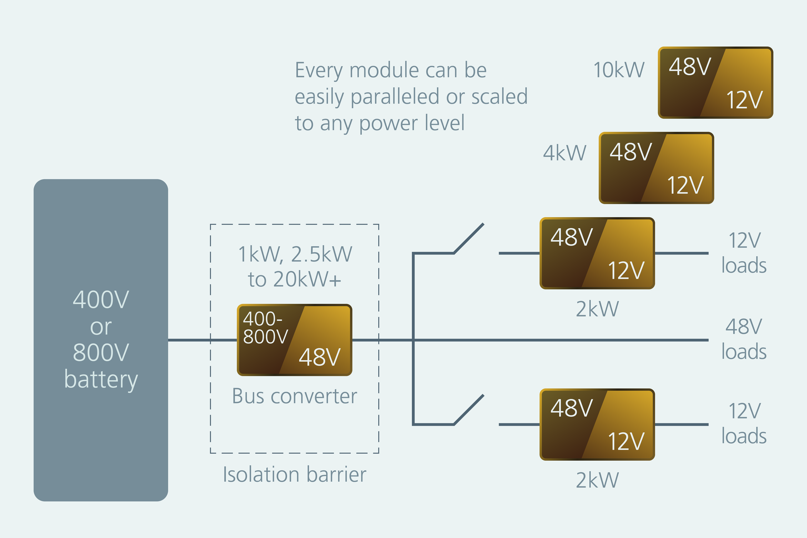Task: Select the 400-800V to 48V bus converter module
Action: [x=295, y=340]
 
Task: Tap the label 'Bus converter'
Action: [x=295, y=396]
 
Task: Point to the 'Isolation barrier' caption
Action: [x=295, y=474]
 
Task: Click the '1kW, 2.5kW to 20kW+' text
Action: [x=295, y=267]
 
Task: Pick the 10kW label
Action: [x=619, y=70]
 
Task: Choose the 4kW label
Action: [x=564, y=153]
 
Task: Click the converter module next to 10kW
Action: [x=715, y=83]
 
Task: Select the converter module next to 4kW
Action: [x=656, y=168]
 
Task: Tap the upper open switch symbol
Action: [x=468, y=239]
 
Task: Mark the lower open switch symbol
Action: [x=468, y=410]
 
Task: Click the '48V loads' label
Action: [x=743, y=339]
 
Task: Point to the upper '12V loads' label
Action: [x=743, y=253]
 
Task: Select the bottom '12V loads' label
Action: [x=743, y=423]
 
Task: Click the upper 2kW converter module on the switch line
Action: [x=597, y=253]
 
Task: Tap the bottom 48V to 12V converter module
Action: [x=597, y=424]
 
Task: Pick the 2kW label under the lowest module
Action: [x=597, y=480]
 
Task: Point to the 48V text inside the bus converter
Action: [x=319, y=358]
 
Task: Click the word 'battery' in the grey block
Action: [x=100, y=379]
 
